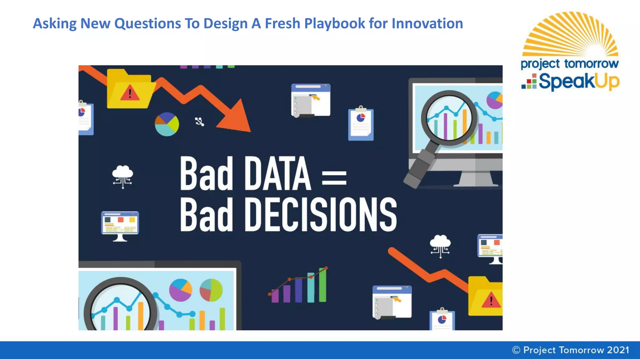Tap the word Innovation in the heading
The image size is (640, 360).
tap(427, 23)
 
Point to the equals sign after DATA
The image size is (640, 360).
tap(334, 177)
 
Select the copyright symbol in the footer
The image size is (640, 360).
tap(516, 350)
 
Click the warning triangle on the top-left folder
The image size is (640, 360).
tap(130, 92)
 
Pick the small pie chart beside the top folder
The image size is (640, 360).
tap(167, 124)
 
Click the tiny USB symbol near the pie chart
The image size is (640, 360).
tap(200, 122)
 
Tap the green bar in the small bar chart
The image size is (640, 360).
tap(322, 285)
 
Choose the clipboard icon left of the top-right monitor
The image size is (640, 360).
tap(361, 124)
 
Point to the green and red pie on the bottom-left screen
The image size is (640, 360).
tap(211, 290)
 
